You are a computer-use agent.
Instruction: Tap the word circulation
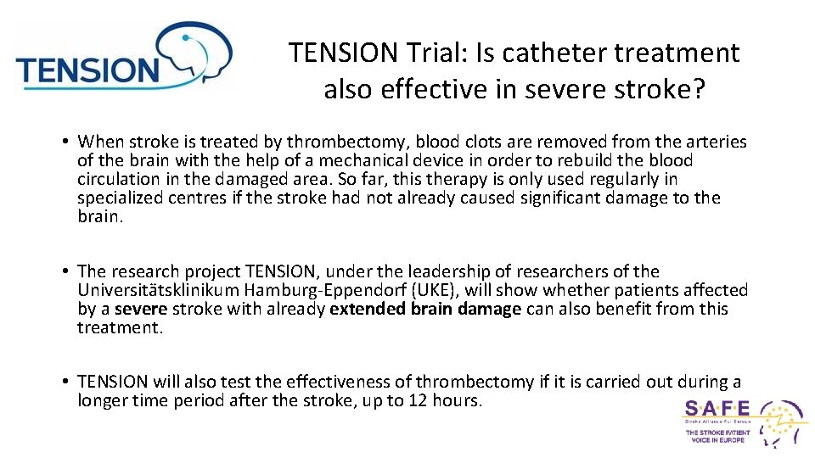[x=118, y=179]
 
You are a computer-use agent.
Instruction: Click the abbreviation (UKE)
[x=434, y=290]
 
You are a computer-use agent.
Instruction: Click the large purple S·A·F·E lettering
[x=717, y=408]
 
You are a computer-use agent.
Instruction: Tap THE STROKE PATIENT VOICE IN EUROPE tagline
[x=718, y=437]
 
